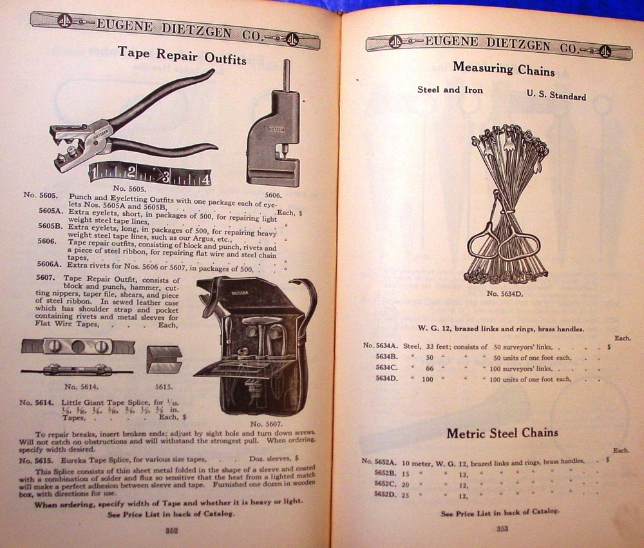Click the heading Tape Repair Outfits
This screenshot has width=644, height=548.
coord(182,55)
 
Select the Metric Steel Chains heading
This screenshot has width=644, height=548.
coord(502,433)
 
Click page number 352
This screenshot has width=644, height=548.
coord(171,531)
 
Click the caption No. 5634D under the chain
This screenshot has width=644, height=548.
coord(505,294)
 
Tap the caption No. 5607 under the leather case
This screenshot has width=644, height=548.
coord(265,424)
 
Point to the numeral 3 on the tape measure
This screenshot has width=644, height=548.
coord(165,175)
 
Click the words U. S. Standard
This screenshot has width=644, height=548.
coord(556,95)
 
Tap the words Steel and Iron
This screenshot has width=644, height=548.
coord(450,90)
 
